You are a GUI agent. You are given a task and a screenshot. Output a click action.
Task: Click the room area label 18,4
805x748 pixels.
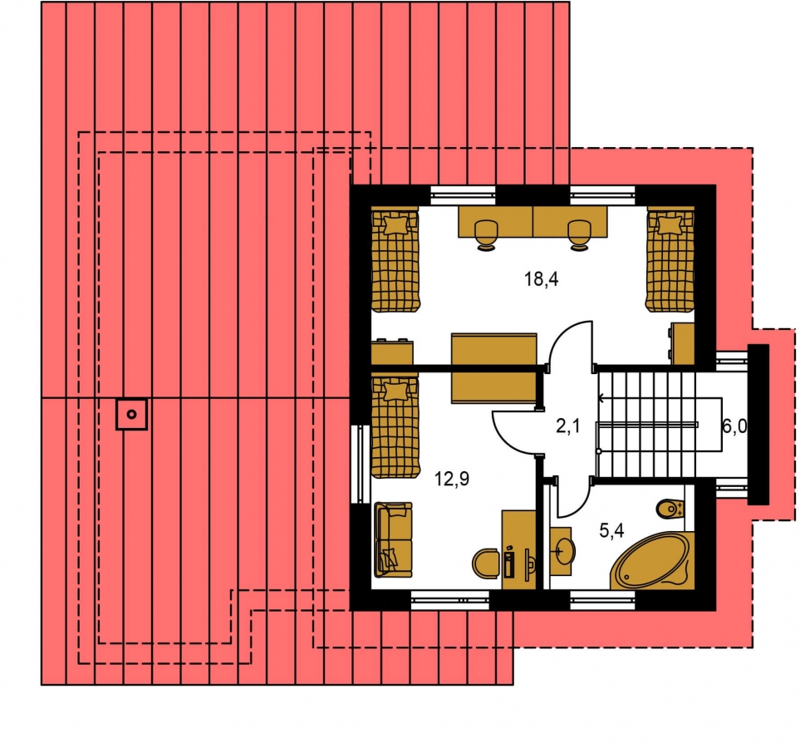[541, 279]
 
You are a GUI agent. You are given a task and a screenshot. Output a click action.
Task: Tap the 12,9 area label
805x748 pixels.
[452, 479]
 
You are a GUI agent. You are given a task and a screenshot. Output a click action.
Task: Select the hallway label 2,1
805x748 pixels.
[567, 426]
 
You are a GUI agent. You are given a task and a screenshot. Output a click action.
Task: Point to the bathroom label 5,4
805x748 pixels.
[611, 530]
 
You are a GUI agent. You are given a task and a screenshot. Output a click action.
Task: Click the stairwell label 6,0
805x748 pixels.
[734, 426]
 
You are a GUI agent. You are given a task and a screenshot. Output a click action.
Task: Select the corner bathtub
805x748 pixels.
[652, 561]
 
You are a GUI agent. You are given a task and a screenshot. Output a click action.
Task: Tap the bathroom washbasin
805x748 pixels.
[562, 551]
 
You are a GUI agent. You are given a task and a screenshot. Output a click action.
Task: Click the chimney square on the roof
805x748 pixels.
[131, 414]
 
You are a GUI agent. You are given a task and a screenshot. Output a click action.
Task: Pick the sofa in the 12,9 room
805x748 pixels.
[393, 539]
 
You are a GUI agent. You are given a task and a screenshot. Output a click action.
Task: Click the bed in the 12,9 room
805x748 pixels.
[395, 426]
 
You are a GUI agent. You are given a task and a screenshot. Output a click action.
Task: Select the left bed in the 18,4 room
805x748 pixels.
[395, 259]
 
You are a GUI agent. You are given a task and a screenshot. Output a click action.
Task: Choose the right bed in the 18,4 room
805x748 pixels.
[670, 259]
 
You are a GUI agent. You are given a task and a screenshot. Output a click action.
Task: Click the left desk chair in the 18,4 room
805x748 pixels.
[486, 235]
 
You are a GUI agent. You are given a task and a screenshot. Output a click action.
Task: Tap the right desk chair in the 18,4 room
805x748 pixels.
[580, 235]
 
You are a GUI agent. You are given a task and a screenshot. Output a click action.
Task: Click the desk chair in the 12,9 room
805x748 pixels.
[486, 563]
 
